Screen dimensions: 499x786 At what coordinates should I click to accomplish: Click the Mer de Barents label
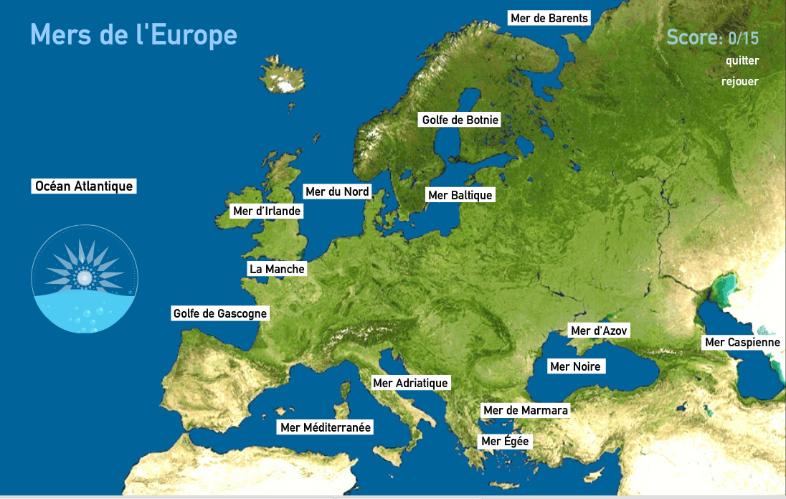click(x=549, y=18)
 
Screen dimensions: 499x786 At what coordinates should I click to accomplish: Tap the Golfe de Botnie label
click(x=460, y=120)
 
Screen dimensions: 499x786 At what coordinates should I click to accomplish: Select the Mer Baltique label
click(x=460, y=195)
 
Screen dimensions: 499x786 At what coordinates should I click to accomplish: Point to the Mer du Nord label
click(x=337, y=191)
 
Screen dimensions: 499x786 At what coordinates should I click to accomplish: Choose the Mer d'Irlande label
click(x=267, y=211)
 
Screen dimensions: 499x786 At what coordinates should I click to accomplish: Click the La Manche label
click(x=277, y=269)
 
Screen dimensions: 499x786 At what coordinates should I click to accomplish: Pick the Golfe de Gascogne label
click(x=220, y=313)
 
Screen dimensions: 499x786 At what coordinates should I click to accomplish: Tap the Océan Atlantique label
click(x=84, y=186)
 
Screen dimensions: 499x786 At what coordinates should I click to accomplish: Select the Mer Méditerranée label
click(x=326, y=427)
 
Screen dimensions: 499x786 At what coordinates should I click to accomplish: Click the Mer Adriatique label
click(x=410, y=383)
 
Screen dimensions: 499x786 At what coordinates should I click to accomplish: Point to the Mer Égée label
click(x=505, y=441)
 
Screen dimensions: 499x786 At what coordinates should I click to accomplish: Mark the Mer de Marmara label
click(x=526, y=410)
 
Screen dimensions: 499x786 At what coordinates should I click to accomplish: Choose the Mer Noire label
click(x=574, y=366)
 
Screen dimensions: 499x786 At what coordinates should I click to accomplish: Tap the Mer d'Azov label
click(x=599, y=331)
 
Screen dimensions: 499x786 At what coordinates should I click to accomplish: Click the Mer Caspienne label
click(x=742, y=342)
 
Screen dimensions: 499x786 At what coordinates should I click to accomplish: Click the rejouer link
click(x=739, y=81)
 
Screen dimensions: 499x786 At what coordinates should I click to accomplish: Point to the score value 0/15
click(x=743, y=37)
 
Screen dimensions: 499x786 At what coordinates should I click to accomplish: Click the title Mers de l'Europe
click(x=133, y=34)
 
